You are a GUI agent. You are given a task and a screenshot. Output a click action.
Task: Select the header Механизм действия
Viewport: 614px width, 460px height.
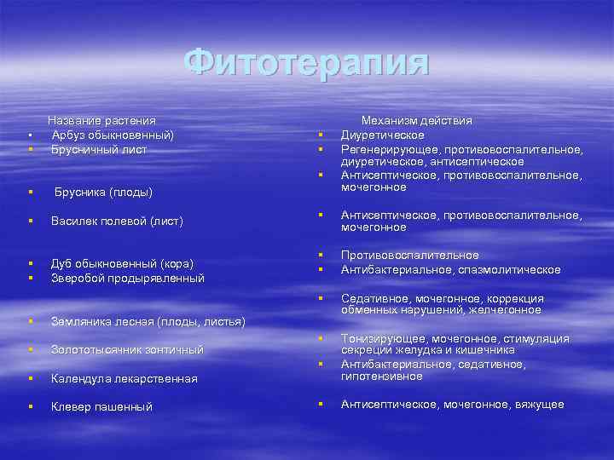tap(416, 122)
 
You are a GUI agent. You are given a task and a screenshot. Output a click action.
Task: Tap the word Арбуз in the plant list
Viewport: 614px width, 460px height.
tap(67, 135)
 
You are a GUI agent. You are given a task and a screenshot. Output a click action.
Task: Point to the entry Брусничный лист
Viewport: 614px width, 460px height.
tap(99, 148)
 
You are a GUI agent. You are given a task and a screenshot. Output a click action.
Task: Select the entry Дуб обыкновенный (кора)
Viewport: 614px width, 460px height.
tap(122, 262)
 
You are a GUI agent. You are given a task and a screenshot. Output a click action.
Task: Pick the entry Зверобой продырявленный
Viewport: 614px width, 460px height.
tap(128, 278)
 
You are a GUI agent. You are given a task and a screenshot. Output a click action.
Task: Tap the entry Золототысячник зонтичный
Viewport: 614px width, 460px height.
tap(127, 349)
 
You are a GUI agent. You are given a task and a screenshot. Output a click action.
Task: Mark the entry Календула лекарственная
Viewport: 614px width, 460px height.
tap(125, 378)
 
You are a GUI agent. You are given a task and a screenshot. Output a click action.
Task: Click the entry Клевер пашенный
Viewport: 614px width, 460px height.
tap(101, 406)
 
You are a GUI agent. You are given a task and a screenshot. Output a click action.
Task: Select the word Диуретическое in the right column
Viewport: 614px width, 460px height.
tap(383, 135)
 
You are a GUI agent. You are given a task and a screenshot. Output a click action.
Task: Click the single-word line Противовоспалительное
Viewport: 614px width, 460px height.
tap(410, 255)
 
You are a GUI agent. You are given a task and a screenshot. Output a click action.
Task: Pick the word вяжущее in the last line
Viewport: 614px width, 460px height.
tap(539, 404)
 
